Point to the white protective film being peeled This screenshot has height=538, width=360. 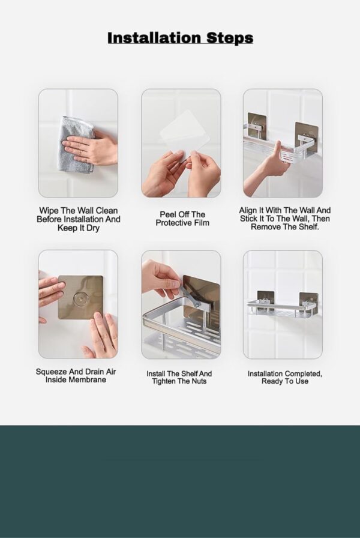tap(185, 135)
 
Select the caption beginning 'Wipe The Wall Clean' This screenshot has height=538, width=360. tap(78, 219)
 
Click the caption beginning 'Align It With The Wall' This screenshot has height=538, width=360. tap(284, 219)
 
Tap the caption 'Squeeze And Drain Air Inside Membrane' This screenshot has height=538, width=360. tap(76, 375)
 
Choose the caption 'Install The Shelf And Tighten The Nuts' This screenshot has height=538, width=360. tap(179, 377)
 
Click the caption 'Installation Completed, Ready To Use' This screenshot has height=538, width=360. tap(284, 377)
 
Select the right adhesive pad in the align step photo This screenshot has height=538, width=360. tap(305, 136)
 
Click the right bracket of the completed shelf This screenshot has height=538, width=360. tap(308, 304)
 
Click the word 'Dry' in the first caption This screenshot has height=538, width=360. tap(89, 228)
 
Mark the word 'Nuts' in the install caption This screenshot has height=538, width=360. tap(199, 381)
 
